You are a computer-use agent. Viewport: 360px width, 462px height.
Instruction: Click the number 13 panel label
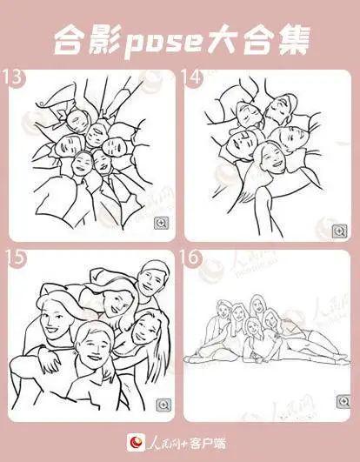(x=12, y=77)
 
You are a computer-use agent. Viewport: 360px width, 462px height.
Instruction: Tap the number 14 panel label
(x=191, y=77)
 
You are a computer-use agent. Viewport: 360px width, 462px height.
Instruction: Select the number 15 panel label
(x=16, y=258)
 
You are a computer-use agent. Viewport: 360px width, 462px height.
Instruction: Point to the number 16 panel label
(x=191, y=257)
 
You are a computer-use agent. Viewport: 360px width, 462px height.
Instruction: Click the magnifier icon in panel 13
(x=162, y=223)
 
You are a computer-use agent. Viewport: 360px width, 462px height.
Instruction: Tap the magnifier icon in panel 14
(x=340, y=231)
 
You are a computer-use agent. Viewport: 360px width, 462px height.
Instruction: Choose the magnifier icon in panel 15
(x=163, y=405)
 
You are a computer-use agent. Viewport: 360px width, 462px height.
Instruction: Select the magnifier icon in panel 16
(x=343, y=402)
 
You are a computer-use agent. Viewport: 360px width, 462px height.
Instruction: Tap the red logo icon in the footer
(x=136, y=442)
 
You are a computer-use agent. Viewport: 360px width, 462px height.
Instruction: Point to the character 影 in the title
(x=104, y=41)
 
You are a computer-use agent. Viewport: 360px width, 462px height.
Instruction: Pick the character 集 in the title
(x=295, y=41)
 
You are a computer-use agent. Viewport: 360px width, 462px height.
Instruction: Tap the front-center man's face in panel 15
(x=94, y=348)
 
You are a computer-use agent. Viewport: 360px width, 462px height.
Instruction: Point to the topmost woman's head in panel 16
(x=257, y=304)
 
